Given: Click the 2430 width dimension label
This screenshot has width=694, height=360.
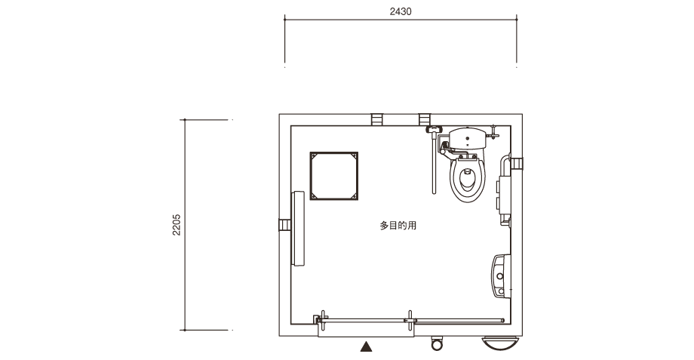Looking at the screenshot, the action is (400, 11).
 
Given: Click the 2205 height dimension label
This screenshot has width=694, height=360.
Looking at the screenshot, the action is (177, 225).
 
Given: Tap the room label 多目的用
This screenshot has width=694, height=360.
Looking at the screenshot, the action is (398, 226).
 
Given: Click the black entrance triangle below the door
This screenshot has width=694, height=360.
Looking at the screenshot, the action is (366, 346).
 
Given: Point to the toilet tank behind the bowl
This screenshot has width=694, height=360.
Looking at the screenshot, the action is (468, 138).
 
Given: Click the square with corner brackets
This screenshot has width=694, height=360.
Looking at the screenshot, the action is (333, 177).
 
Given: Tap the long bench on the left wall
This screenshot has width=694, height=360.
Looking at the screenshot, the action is (298, 229).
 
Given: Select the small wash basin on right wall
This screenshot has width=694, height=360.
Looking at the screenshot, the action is (501, 276).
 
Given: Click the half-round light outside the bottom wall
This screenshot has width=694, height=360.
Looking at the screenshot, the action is (500, 343).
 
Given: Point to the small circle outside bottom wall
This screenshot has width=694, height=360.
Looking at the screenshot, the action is (437, 344).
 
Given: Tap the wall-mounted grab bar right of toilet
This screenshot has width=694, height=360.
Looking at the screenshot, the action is (505, 190).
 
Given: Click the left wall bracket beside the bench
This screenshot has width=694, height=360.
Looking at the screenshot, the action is (284, 225).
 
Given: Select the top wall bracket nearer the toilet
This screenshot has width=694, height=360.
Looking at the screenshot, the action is (425, 119).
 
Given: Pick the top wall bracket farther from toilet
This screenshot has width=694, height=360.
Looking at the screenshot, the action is (376, 119).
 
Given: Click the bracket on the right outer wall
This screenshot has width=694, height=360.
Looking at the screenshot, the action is (517, 164).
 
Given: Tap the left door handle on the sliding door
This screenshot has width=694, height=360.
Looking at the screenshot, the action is (324, 321).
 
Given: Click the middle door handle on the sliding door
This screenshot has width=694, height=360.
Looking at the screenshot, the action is (410, 321).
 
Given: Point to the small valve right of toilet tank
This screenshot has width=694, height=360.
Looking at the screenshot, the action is (493, 132).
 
